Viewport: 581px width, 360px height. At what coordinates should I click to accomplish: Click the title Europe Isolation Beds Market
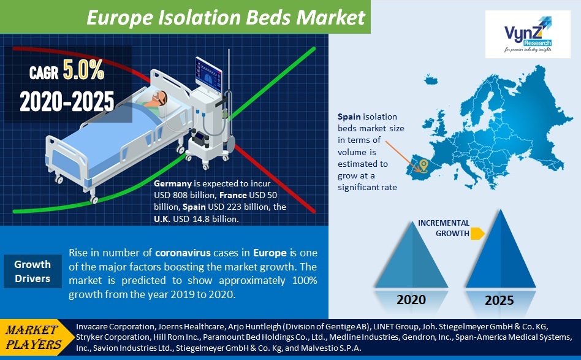pos(226,17)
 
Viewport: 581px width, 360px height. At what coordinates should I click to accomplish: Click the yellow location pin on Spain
pos(422,164)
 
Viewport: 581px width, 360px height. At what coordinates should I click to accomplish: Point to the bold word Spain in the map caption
pos(350,116)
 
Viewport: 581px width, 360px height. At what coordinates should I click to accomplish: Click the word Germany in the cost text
pos(173,184)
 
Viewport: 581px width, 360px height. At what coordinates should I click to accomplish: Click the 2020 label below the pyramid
pos(411,301)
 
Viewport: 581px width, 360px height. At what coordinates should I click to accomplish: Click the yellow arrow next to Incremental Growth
pos(478,233)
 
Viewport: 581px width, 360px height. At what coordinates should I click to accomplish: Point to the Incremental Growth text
pos(444,228)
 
